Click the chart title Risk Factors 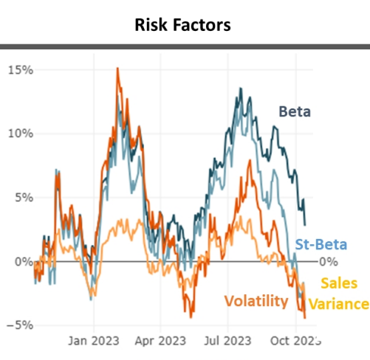point(182,25)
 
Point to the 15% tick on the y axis point(21,70)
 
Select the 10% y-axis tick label point(21,134)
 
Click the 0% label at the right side point(326,261)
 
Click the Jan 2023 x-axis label point(95,342)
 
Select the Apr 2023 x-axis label point(160,342)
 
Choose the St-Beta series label point(321,244)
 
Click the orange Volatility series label point(256,300)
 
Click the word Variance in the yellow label point(338,304)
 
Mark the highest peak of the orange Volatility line point(117,69)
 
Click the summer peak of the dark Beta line point(240,89)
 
